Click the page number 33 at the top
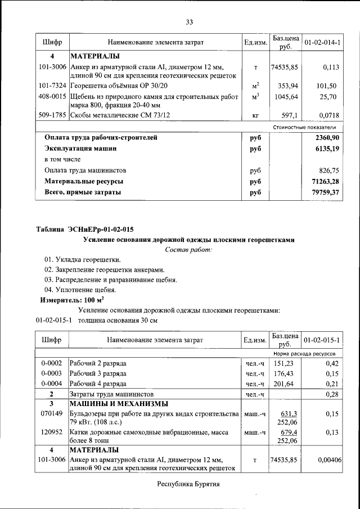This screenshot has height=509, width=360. tap(190, 22)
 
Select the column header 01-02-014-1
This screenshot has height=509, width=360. tap(322, 42)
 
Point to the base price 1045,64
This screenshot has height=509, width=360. tap(285, 97)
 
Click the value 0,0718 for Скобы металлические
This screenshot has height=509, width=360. tap(325, 115)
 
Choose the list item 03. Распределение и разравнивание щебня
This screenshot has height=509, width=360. tap(111, 280)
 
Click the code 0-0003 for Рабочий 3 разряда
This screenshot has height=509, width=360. tap(52, 373)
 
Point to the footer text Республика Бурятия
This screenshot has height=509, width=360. tap(188, 483)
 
